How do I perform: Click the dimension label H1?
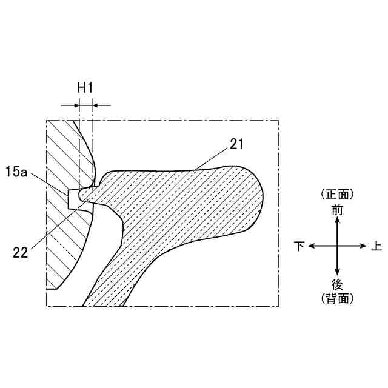[x=85, y=87]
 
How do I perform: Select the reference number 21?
[x=237, y=144]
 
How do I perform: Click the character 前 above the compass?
[x=337, y=210]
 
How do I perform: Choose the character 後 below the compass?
[x=337, y=284]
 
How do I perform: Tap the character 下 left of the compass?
[x=299, y=246]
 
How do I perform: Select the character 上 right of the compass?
[x=376, y=246]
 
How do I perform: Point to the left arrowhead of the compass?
[x=309, y=246]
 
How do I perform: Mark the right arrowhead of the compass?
[x=365, y=246]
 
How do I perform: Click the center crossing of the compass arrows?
[x=337, y=246]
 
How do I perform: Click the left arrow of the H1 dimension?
[x=75, y=105]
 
